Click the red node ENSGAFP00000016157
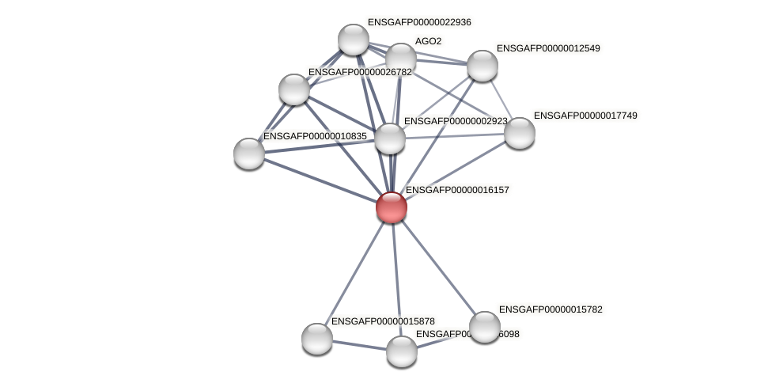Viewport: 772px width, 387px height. tap(392, 207)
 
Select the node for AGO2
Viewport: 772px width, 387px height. tap(401, 58)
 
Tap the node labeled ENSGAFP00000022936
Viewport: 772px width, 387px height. tap(354, 40)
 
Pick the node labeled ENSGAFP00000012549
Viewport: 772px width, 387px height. tap(482, 66)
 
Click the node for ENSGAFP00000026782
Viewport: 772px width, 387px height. tap(294, 89)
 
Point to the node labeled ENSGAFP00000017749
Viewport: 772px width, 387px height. tap(520, 133)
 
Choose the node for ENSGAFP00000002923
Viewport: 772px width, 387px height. tap(390, 138)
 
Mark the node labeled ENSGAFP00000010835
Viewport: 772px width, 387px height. tap(249, 154)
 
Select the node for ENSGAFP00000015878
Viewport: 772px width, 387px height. tap(317, 339)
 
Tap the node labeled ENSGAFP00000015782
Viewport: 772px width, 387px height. tap(485, 327)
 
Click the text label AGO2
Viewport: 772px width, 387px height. tap(428, 41)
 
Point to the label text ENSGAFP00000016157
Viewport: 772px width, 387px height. tap(457, 190)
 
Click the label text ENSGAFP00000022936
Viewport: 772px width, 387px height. tap(419, 22)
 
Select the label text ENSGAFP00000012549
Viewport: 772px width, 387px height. tap(548, 48)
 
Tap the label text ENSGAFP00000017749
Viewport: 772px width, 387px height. tap(585, 116)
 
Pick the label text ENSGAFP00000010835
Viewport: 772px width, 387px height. tap(315, 136)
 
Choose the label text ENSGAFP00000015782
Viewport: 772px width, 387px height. tap(551, 309)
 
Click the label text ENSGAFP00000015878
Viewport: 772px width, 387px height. tap(383, 321)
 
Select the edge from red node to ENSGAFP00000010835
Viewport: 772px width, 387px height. tap(320, 180)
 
